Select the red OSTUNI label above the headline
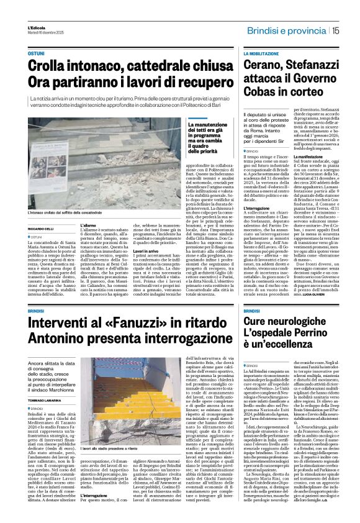click(35, 55)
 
